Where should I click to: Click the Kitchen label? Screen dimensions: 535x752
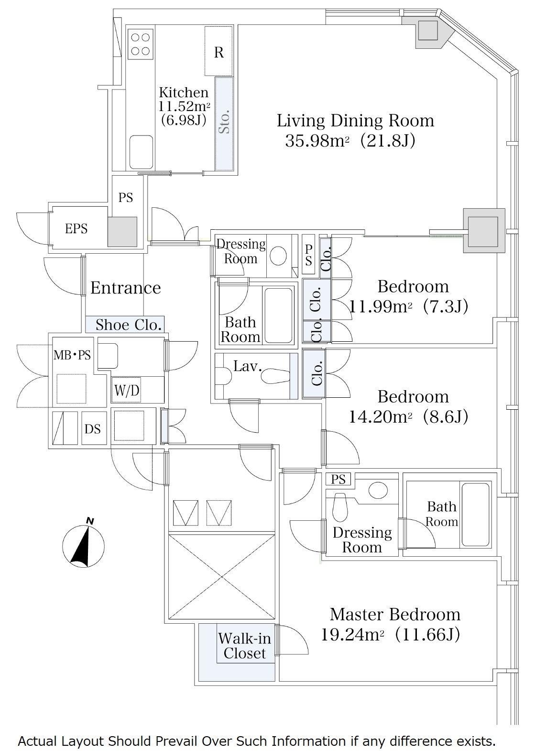point(184,92)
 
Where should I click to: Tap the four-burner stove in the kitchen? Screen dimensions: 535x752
point(141,44)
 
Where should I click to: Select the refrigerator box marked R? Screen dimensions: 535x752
point(218,51)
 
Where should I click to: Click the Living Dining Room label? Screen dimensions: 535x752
point(355,121)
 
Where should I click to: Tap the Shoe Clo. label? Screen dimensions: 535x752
point(129,325)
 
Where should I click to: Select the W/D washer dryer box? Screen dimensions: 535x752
point(126,390)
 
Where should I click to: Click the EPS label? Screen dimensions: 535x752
point(76,229)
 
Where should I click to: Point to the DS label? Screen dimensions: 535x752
point(93,429)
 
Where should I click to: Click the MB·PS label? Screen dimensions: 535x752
point(72,355)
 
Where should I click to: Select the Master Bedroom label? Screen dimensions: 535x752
point(395,614)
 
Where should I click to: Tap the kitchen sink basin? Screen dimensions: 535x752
point(142,152)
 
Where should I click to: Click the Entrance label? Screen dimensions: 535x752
point(126,288)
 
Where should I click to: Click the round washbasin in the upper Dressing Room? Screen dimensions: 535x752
point(278,256)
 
